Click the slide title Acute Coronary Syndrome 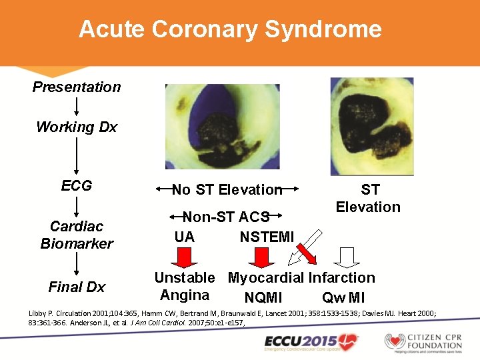(230, 29)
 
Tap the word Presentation (77, 87)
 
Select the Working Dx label (77, 127)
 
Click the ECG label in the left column (77, 185)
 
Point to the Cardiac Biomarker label (77, 235)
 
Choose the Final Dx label (77, 287)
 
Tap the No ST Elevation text (227, 190)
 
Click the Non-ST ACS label (227, 217)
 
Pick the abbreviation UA (185, 237)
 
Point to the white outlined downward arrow (346, 257)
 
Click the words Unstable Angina (185, 287)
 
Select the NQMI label (263, 297)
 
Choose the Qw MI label (343, 297)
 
